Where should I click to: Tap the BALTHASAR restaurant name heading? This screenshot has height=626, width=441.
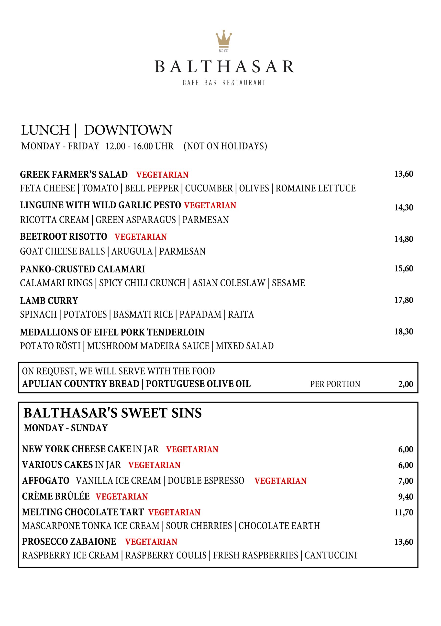[x=224, y=67]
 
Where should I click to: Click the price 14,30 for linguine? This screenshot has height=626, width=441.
[x=404, y=208]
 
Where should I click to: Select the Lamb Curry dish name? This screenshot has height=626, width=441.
[x=49, y=301]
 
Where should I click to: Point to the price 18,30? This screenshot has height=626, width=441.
[x=404, y=332]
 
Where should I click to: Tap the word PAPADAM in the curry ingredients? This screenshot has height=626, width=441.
[x=200, y=314]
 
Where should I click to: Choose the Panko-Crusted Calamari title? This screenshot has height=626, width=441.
[x=83, y=269]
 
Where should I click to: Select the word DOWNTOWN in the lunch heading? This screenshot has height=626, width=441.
[x=128, y=130]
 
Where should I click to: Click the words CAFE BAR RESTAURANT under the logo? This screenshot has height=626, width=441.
[x=224, y=83]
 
